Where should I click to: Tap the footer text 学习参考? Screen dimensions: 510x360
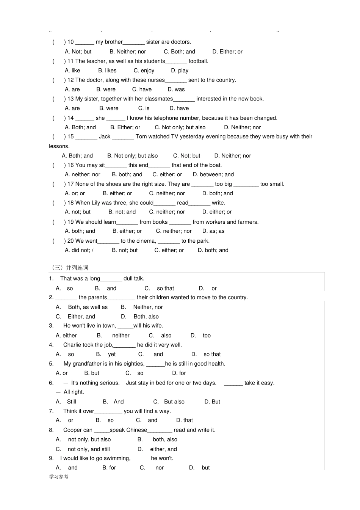click(x=59, y=477)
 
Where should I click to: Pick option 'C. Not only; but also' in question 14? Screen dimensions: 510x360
click(x=180, y=127)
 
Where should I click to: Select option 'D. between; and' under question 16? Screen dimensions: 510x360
click(x=213, y=174)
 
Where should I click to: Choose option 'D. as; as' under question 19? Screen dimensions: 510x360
click(x=213, y=231)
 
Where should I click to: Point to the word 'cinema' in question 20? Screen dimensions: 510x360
click(x=146, y=241)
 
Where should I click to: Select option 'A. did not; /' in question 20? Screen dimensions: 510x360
click(x=79, y=250)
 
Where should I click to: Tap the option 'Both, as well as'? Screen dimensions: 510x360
click(x=88, y=307)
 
